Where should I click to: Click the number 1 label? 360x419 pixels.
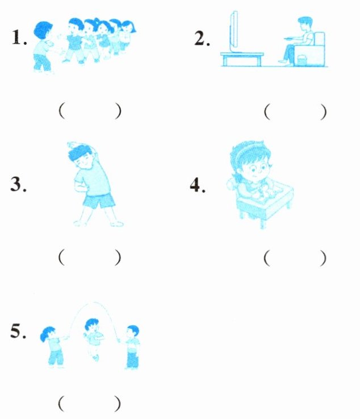[19, 37]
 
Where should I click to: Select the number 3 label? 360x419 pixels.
[18, 184]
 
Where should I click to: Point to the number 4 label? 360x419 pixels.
[198, 185]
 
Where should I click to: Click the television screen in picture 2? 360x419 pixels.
[234, 31]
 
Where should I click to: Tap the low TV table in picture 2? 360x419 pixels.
[242, 59]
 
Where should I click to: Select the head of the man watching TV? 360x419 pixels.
[305, 24]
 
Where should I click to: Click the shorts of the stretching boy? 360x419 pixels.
[99, 201]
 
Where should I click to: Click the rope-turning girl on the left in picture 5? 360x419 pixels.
[53, 347]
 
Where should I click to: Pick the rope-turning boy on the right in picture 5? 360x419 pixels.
[132, 347]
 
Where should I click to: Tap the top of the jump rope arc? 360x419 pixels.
[94, 303]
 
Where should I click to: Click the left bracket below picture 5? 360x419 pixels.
[61, 404]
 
